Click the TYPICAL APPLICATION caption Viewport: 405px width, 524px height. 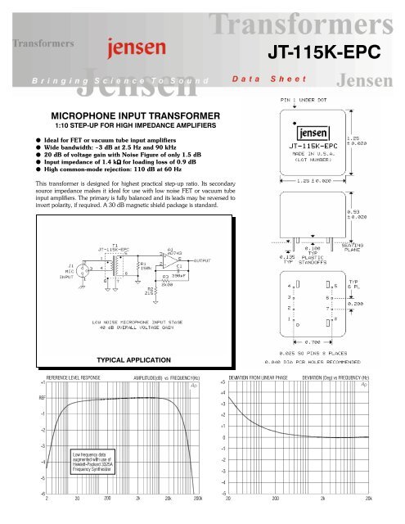point(133,359)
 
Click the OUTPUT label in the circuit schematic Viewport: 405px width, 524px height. point(203,261)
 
